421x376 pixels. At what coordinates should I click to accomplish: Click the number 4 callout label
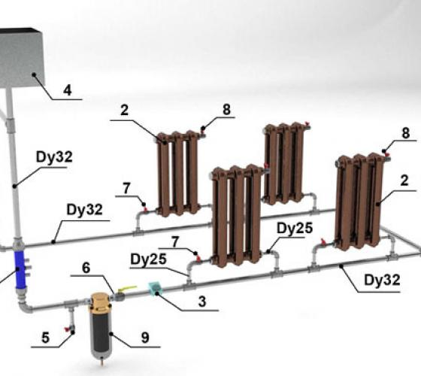tap(68, 90)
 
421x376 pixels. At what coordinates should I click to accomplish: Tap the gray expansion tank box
tap(21, 58)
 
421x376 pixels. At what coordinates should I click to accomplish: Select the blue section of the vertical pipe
tap(20, 269)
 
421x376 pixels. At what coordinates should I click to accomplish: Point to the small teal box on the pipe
tap(155, 288)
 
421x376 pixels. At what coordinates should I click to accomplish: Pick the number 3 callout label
tap(202, 302)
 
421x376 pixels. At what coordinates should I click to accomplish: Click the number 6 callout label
tap(86, 268)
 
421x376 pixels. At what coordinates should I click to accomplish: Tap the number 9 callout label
tap(145, 338)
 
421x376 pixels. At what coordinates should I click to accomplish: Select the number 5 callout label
tap(46, 338)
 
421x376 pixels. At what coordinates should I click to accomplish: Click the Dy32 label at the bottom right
tap(382, 280)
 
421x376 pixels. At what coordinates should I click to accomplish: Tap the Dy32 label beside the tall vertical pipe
tap(54, 157)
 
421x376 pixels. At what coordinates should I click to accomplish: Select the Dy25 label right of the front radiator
tap(295, 229)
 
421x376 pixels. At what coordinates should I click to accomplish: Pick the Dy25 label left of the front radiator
tap(148, 259)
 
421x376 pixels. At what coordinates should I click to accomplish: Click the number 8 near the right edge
tap(406, 133)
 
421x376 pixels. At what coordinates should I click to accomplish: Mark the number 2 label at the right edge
tap(404, 180)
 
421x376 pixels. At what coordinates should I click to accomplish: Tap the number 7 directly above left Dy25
tap(175, 242)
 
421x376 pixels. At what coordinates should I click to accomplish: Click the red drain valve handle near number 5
tap(66, 329)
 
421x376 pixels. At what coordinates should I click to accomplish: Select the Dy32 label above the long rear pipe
tap(84, 210)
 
